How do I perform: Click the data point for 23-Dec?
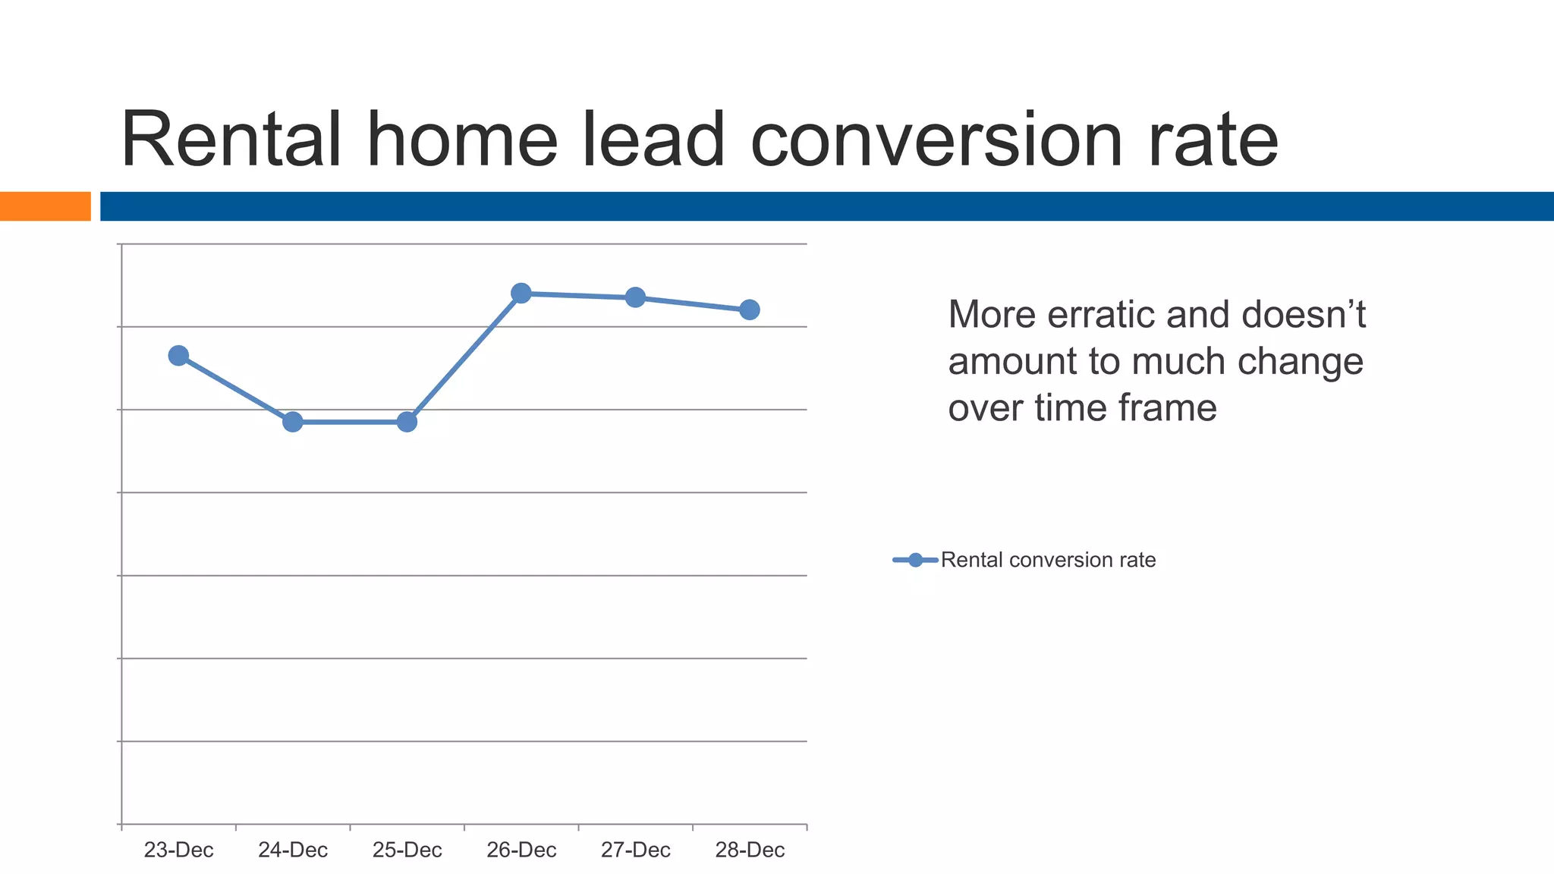pos(178,356)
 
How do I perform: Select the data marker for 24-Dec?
pos(293,422)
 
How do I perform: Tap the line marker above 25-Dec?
pos(407,422)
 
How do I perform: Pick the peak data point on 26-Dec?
pos(521,294)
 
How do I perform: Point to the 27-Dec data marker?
pos(635,297)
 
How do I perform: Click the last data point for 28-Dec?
pos(750,310)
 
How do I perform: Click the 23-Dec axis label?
pos(178,850)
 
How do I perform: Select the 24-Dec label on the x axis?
pos(293,850)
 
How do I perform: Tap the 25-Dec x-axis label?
pos(407,850)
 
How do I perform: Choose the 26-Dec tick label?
pos(521,850)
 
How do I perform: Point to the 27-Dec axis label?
pos(635,850)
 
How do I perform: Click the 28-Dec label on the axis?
pos(750,850)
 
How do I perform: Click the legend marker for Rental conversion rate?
pos(915,560)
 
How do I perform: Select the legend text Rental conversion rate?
pos(1048,560)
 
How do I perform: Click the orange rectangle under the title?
pos(45,206)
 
